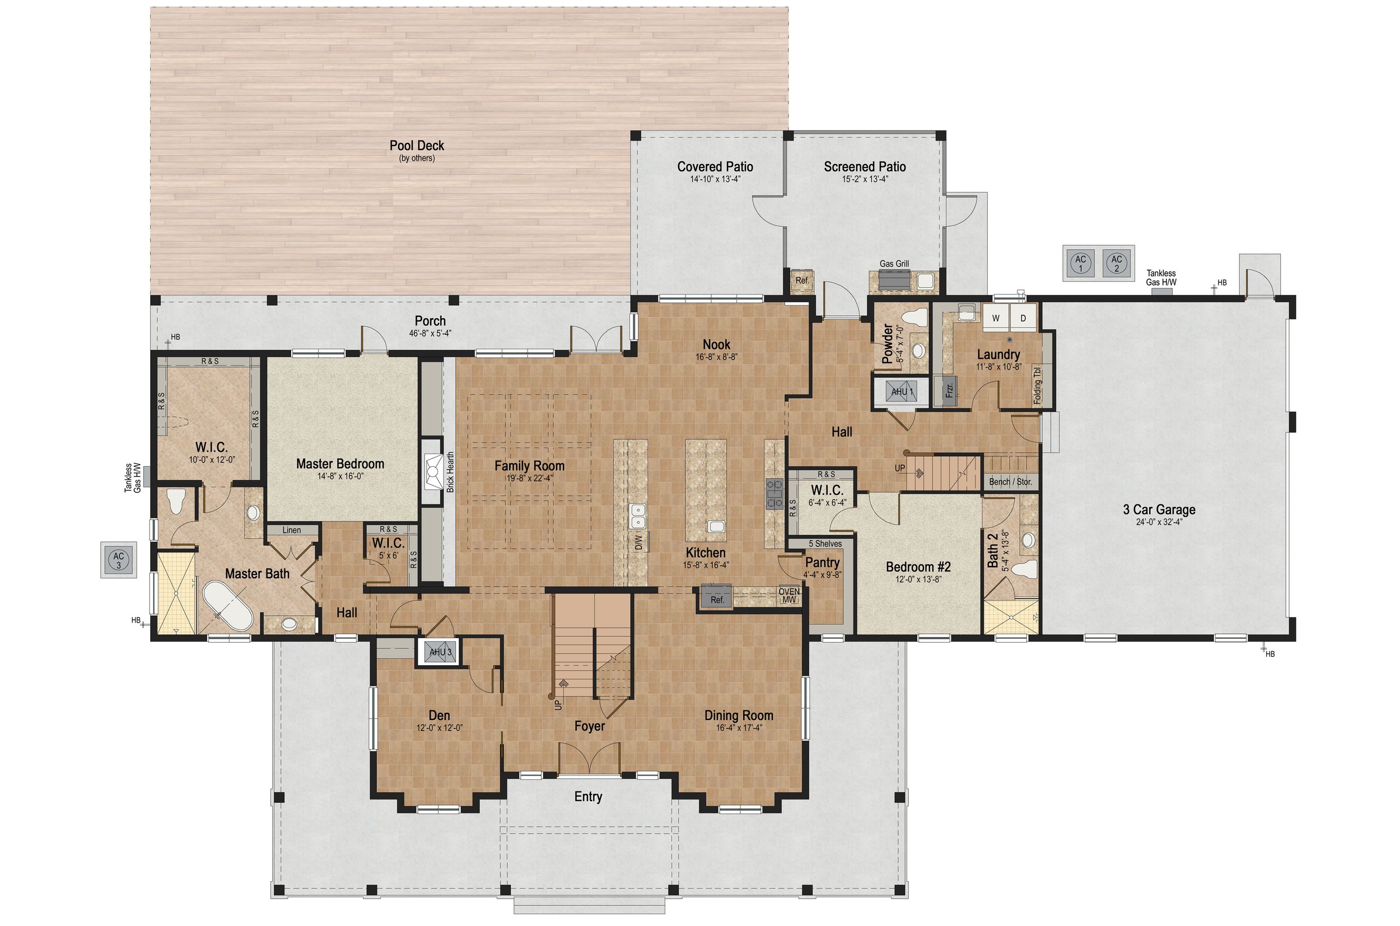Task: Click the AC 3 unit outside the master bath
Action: tap(119, 560)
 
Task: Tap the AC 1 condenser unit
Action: tap(1080, 263)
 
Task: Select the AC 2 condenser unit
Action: tap(1116, 263)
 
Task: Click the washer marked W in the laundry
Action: tap(996, 319)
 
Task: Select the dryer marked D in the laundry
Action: tap(1023, 319)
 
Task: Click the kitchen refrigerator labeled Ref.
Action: tap(717, 598)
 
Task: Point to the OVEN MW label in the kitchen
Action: tap(788, 595)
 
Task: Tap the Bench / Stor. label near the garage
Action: tap(1010, 482)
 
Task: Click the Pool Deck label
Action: tap(417, 145)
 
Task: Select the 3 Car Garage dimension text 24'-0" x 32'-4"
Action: tap(1159, 522)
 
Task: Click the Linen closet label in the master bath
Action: tap(291, 530)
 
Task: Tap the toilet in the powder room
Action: tap(916, 316)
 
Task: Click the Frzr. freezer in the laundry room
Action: tap(950, 390)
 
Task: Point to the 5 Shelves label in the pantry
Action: tap(825, 543)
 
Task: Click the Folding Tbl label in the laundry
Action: tap(1037, 386)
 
